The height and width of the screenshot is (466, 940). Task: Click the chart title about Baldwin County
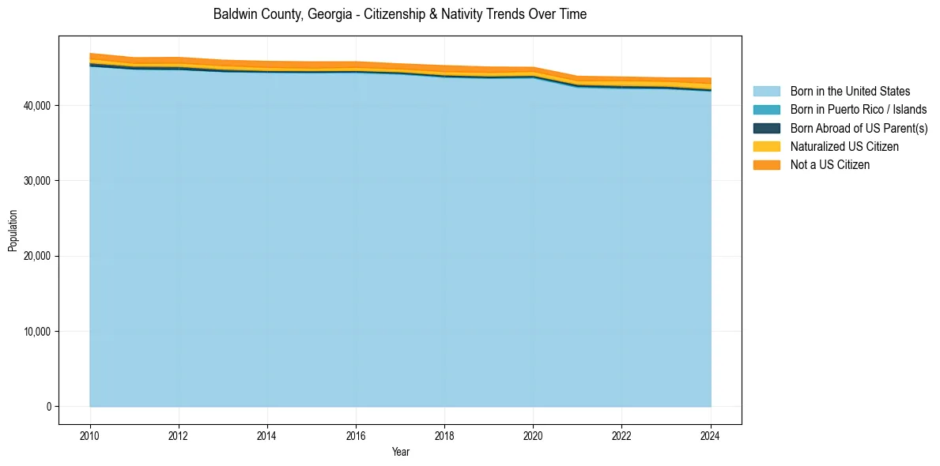tap(400, 14)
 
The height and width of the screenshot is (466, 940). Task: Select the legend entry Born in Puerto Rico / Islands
tap(859, 110)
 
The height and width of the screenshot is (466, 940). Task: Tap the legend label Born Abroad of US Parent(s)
tap(859, 128)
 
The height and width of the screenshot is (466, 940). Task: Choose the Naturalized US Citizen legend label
tap(844, 147)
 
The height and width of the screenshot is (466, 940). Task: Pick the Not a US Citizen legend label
tap(829, 165)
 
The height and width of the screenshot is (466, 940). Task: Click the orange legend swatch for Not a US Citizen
tap(766, 165)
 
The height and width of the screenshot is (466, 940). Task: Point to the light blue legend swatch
tap(766, 92)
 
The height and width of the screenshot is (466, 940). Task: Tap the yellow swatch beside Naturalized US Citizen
tap(766, 147)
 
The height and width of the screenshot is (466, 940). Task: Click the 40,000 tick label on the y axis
tap(38, 106)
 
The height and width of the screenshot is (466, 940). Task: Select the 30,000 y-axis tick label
tap(38, 181)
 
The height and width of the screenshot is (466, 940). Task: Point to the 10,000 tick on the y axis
tap(38, 332)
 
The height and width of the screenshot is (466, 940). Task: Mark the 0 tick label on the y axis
tap(48, 407)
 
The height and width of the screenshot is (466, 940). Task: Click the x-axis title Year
tap(400, 452)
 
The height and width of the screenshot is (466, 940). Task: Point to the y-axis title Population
tap(13, 231)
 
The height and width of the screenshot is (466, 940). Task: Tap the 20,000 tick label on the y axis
tap(38, 257)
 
